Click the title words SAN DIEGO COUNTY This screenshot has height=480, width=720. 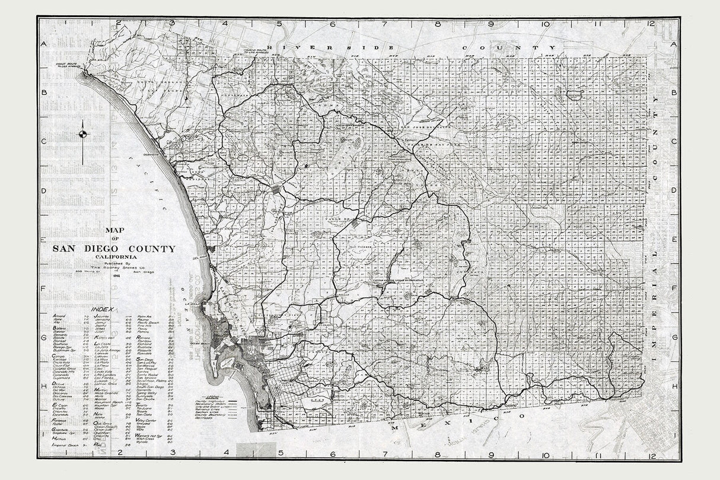(113, 249)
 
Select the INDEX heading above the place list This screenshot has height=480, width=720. (101, 309)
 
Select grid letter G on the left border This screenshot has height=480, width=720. (43, 336)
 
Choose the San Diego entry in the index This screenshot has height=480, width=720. (145, 359)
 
